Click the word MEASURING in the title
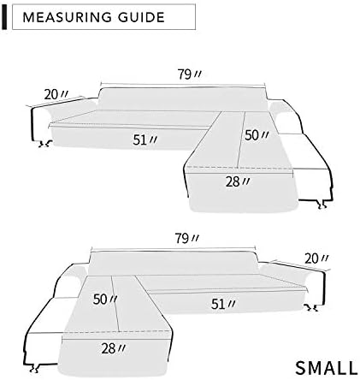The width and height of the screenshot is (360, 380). click(68, 17)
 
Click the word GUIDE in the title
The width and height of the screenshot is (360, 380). click(141, 17)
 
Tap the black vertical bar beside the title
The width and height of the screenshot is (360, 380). click(4, 17)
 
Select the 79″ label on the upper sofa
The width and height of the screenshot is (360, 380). click(190, 74)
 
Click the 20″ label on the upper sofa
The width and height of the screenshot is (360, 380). click(56, 94)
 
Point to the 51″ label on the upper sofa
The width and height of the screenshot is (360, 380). click(145, 140)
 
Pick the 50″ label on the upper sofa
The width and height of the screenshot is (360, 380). click(257, 135)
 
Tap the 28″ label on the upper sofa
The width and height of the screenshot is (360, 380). click(238, 181)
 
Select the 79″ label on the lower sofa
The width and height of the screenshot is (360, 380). click(186, 238)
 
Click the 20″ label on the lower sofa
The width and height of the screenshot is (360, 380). click(316, 258)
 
